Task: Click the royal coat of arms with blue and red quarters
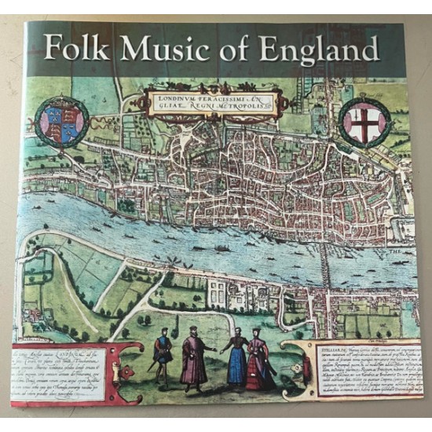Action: click(x=55, y=117)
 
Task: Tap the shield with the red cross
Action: click(x=367, y=119)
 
